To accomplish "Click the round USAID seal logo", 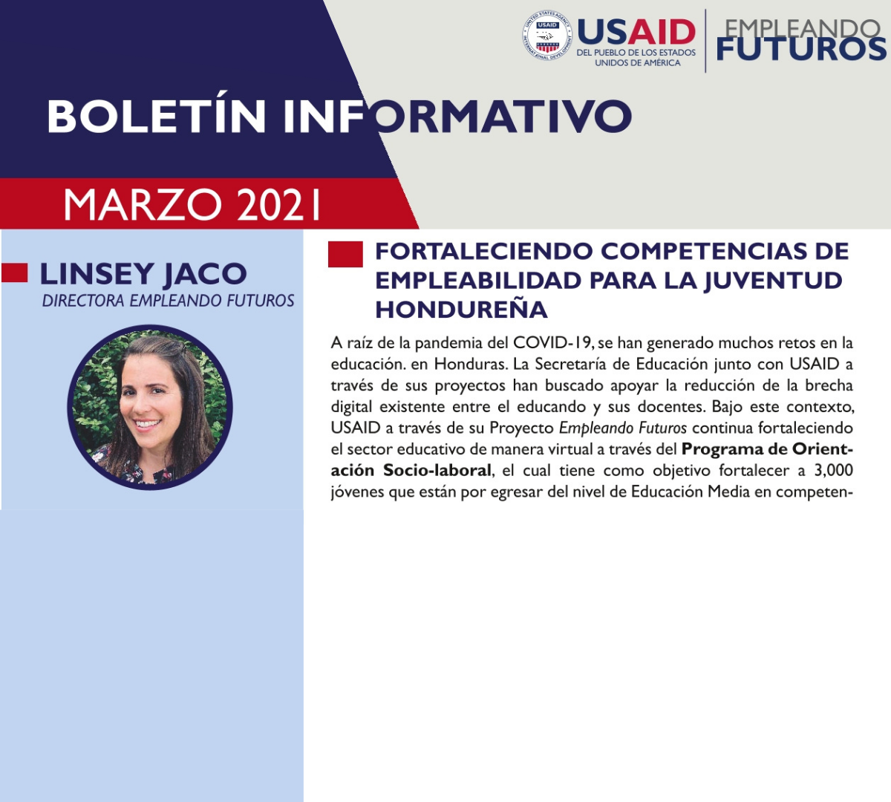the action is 547,36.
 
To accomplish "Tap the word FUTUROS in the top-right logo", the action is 801,48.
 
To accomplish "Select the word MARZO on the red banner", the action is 143,205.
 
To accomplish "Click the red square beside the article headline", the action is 345,254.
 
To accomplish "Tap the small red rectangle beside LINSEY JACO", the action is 15,273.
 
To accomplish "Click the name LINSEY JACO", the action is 143,274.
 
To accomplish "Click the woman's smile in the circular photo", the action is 148,424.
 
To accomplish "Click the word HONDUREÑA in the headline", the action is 461,310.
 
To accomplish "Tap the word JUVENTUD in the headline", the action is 773,281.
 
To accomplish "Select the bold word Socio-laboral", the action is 437,470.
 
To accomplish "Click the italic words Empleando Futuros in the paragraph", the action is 623,428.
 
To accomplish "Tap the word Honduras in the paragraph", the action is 471,364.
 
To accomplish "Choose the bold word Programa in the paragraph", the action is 721,449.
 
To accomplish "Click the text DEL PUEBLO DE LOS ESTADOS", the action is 636,53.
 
